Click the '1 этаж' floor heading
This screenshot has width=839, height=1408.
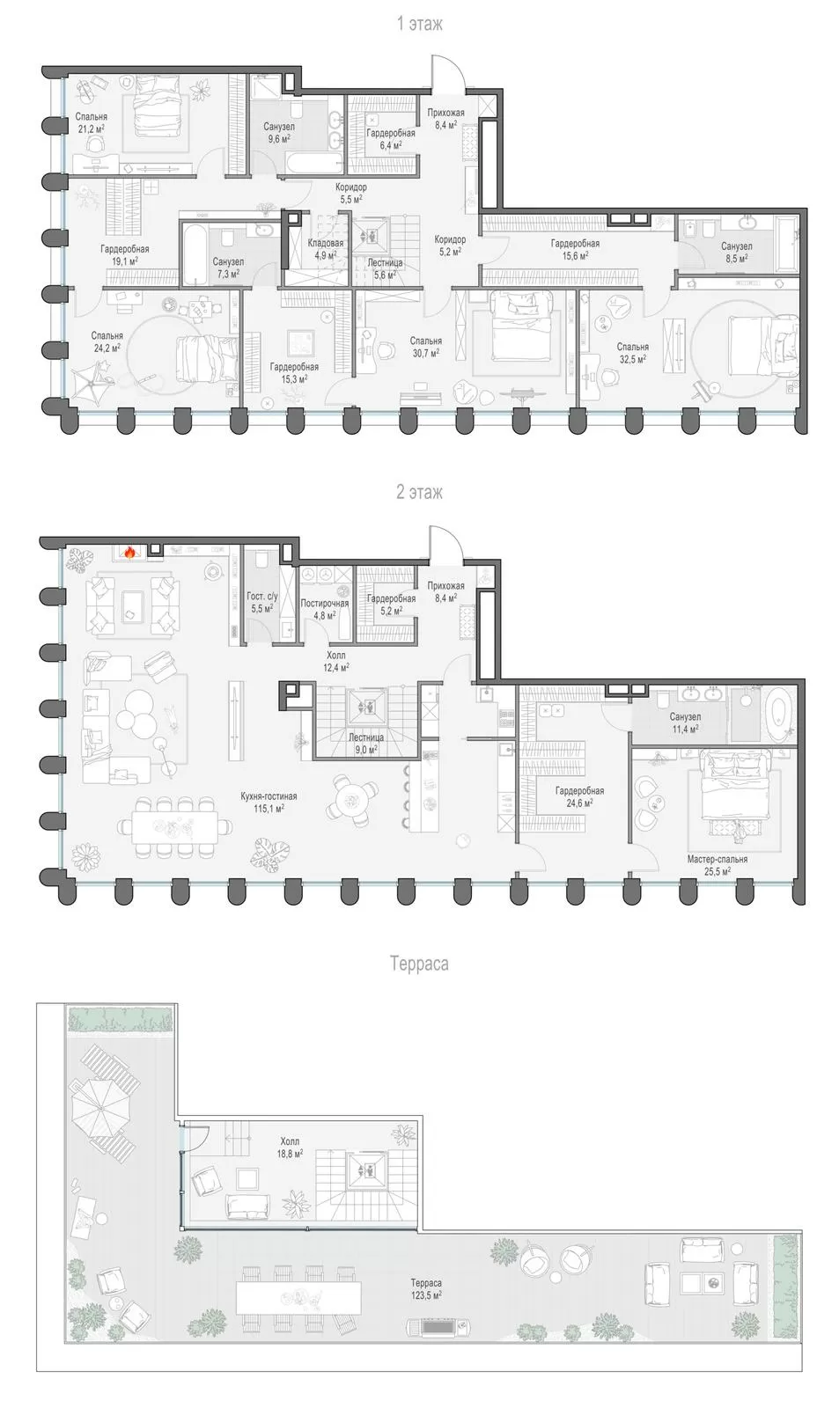point(419,24)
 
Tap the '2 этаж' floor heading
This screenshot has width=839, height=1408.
point(419,492)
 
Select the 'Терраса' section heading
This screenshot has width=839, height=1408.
point(419,964)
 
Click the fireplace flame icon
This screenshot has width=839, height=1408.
point(129,553)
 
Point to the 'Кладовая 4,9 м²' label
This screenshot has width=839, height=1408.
point(325,249)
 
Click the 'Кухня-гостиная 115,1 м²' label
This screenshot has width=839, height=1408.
point(269,802)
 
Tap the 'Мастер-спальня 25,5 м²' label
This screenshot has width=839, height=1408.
point(718,865)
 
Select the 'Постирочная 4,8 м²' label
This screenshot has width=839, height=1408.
point(324,609)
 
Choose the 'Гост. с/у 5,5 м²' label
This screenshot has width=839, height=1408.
point(261,602)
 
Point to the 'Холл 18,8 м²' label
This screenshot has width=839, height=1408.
point(290,1147)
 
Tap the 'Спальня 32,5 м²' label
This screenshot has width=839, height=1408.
point(632,353)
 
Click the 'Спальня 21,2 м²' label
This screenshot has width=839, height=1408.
point(92,122)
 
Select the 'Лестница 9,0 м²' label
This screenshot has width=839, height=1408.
point(365,743)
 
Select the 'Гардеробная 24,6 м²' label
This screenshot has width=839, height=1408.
point(579,796)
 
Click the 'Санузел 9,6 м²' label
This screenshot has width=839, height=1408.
point(278,132)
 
